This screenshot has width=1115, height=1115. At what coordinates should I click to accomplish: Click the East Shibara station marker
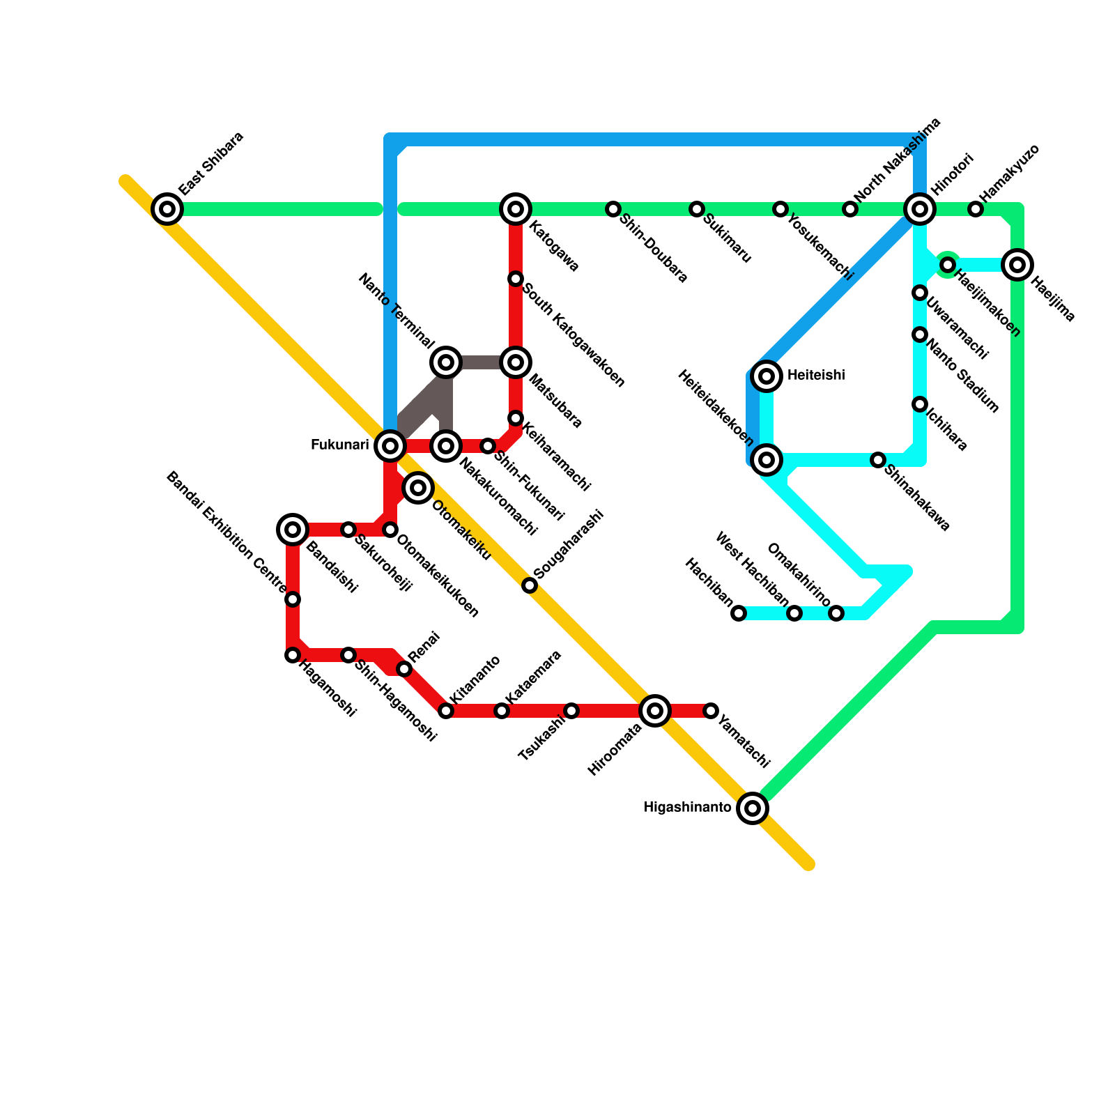167,208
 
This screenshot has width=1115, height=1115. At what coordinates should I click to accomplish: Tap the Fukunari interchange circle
390,445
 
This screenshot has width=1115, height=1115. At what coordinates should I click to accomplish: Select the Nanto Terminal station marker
446,362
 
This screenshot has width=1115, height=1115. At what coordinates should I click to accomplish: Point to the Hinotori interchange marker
920,208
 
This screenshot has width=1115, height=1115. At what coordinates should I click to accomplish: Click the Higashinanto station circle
753,808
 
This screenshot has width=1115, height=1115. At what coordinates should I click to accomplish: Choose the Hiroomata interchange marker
655,710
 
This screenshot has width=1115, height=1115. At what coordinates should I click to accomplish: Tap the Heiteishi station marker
767,376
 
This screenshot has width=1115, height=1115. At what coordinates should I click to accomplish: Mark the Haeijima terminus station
1017,264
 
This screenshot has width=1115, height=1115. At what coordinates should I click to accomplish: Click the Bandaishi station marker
293,529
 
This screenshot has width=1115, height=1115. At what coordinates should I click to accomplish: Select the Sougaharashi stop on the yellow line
530,585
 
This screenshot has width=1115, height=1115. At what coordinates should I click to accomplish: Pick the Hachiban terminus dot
739,613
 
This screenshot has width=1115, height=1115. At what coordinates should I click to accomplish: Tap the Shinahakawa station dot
878,459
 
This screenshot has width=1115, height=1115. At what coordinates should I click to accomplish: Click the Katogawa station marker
516,208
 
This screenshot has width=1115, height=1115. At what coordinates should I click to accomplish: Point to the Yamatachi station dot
711,710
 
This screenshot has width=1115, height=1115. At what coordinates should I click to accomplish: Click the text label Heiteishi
816,376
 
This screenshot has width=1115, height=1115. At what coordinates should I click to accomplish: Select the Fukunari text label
339,445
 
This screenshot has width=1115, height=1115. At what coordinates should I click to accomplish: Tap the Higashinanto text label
687,808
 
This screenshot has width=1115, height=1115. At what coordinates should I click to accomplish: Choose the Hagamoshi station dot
293,654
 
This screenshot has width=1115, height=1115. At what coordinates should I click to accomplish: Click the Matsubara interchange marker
516,362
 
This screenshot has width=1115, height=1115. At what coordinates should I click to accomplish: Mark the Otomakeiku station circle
418,487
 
